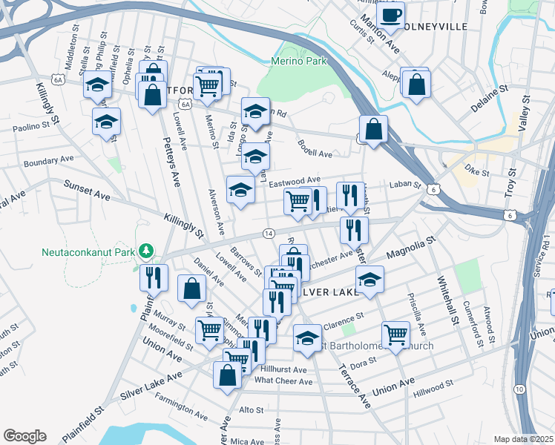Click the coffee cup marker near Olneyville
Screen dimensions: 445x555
[390, 14]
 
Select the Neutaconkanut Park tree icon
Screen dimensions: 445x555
[147, 251]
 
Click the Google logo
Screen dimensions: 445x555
[24, 435]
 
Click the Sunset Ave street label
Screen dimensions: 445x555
[87, 191]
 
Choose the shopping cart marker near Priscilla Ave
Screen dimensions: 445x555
[395, 334]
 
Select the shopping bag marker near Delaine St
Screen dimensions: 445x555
[416, 83]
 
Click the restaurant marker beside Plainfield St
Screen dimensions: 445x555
[154, 278]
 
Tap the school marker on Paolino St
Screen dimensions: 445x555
[106, 121]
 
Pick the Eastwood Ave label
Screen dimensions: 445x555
[295, 180]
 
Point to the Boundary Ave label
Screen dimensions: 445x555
[49, 161]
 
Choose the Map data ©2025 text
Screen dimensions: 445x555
[523, 439]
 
